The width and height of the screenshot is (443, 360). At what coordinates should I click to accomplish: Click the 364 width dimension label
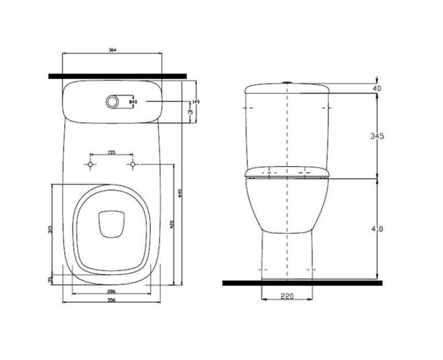(112, 50)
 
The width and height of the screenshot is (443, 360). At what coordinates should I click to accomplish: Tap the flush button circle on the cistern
(112, 101)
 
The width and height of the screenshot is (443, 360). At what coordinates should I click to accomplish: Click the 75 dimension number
(190, 112)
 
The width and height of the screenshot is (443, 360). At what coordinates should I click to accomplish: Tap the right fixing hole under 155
(133, 164)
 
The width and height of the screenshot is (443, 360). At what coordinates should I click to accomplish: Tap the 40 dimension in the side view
(377, 88)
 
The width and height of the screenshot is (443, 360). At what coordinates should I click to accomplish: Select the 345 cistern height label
(377, 136)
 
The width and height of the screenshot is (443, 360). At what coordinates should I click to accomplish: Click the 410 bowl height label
(377, 229)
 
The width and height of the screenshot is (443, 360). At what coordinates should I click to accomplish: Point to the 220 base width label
(286, 296)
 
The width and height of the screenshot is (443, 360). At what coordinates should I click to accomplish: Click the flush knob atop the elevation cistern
(287, 83)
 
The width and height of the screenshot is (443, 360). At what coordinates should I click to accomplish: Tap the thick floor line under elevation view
(302, 282)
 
